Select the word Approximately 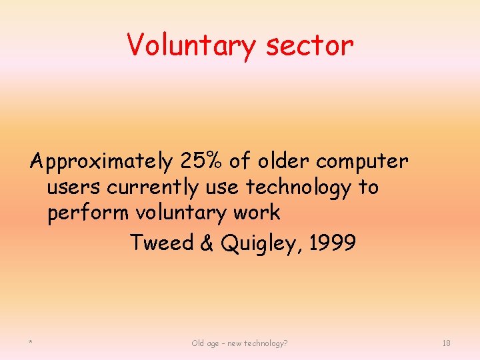click(x=101, y=162)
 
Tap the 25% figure click(x=201, y=161)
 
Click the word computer click(x=363, y=162)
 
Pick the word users click(x=74, y=187)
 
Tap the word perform click(x=89, y=214)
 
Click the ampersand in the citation click(x=206, y=243)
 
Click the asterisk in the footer click(x=31, y=343)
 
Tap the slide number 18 click(x=446, y=343)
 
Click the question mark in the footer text click(x=285, y=343)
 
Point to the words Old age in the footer click(x=207, y=343)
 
